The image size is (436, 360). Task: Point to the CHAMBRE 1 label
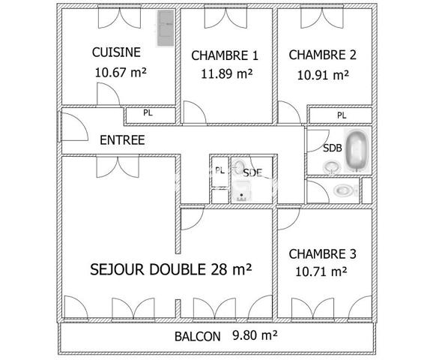tap(225, 55)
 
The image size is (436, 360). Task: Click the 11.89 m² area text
tap(226, 73)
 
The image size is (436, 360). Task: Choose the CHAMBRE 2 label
tap(322, 54)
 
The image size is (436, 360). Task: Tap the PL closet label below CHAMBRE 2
tap(342, 115)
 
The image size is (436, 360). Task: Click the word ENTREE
tap(122, 139)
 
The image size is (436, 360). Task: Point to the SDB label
tap(333, 148)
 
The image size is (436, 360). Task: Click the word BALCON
tap(197, 337)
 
